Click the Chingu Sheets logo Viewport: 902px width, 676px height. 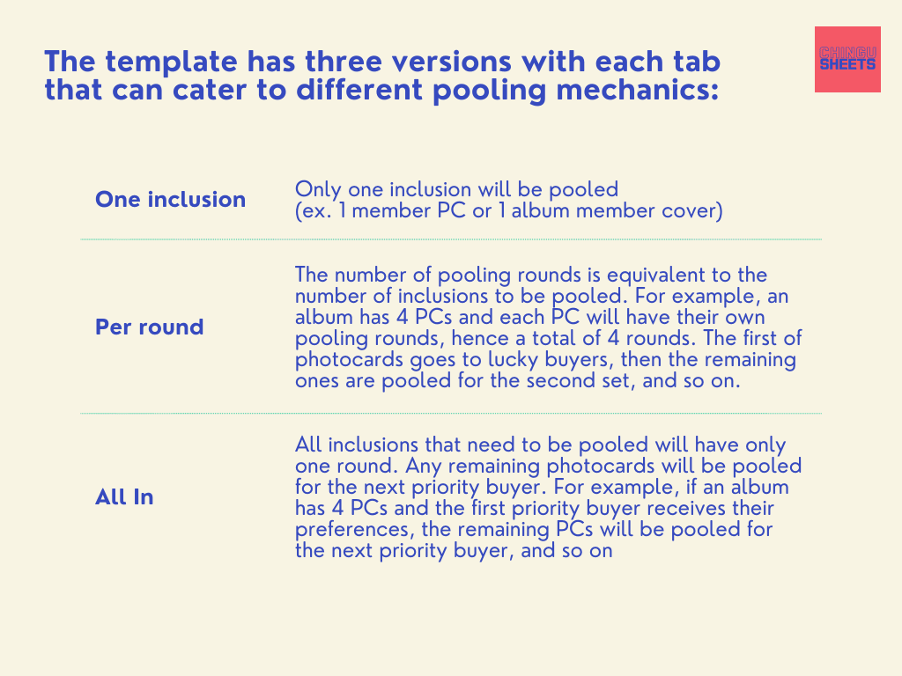point(847,59)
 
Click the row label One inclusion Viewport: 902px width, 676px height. point(170,200)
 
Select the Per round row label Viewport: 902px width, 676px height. point(149,327)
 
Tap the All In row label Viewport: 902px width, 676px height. point(124,497)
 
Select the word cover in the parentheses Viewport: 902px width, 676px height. point(691,210)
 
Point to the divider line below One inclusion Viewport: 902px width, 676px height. point(451,239)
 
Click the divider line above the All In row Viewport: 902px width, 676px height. point(451,414)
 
